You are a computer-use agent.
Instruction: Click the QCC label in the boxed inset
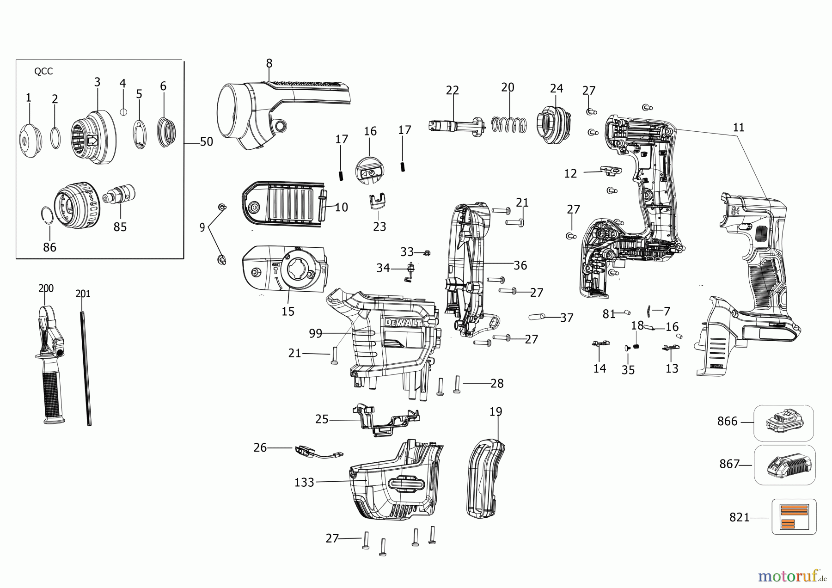(x=43, y=71)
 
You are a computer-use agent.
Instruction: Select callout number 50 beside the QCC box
(x=206, y=142)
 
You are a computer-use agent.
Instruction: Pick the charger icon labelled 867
(x=784, y=465)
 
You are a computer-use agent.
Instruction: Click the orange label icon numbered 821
(x=794, y=516)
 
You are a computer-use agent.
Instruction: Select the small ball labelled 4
(x=123, y=111)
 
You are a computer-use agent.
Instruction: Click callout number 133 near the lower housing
(x=304, y=483)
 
